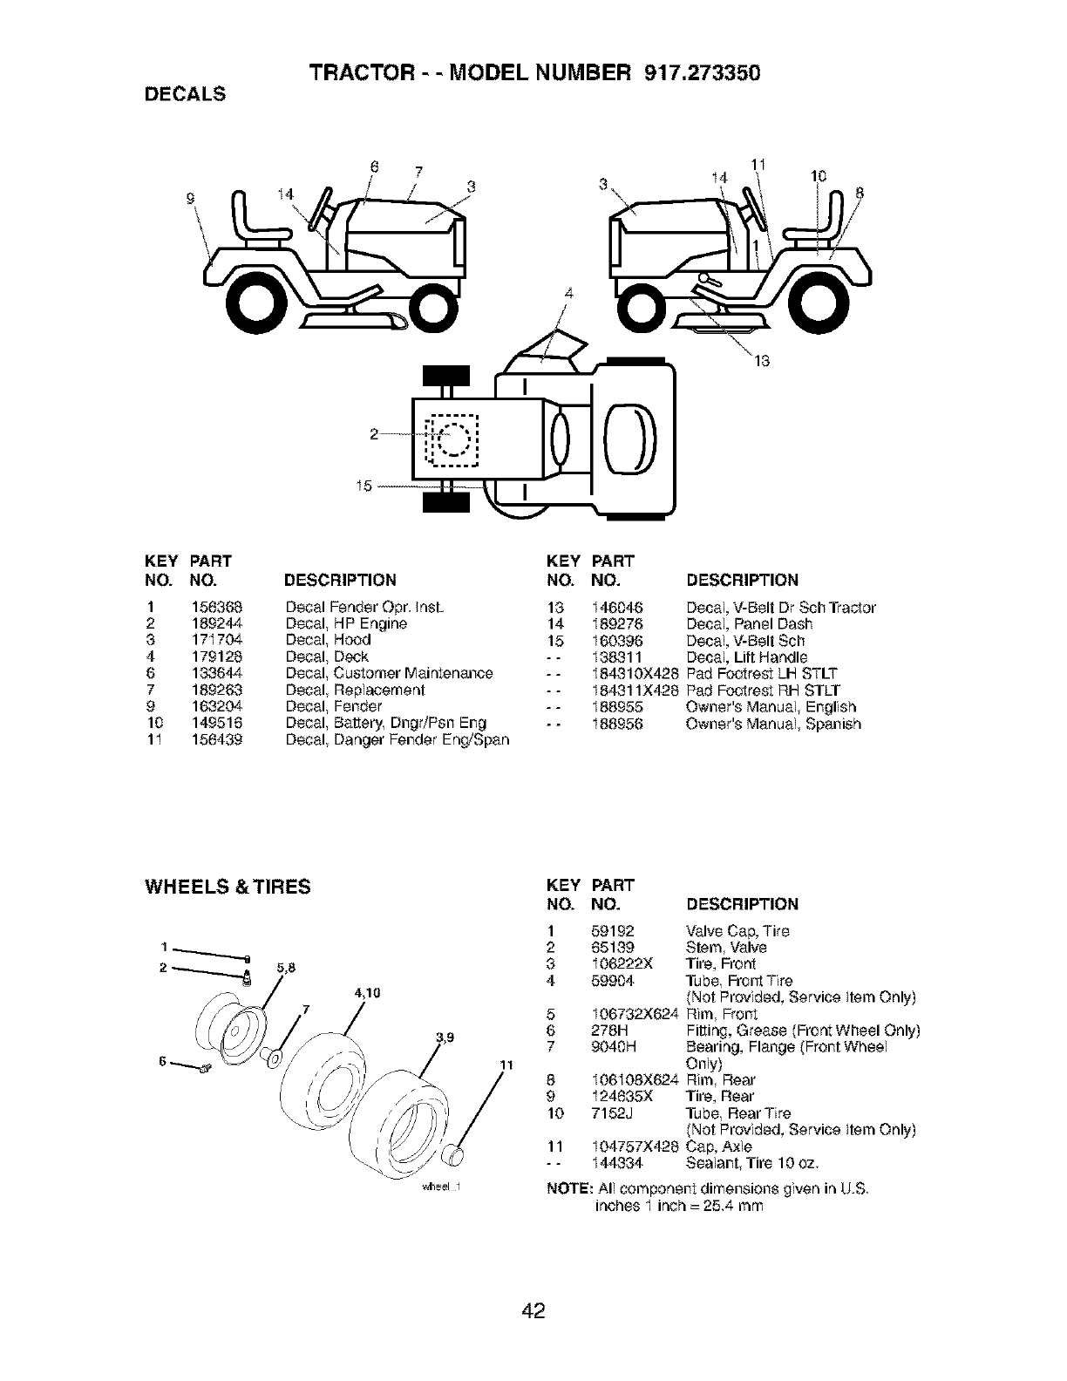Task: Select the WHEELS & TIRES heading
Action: pos(227,888)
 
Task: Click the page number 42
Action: pos(533,1310)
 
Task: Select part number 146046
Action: pos(617,607)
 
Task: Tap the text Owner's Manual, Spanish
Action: pos(773,724)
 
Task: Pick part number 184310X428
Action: pos(635,673)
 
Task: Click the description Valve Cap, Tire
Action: pos(737,930)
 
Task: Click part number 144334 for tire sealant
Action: pos(616,1163)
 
